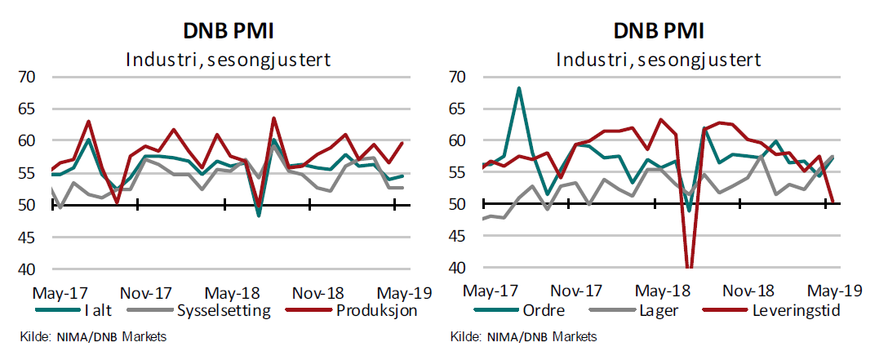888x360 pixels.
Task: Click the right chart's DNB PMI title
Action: [659, 31]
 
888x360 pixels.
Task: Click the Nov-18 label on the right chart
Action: [748, 290]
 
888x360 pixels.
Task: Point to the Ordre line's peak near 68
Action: [519, 88]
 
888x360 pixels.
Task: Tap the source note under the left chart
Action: [94, 337]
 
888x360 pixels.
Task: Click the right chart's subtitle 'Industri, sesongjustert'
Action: [659, 60]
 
